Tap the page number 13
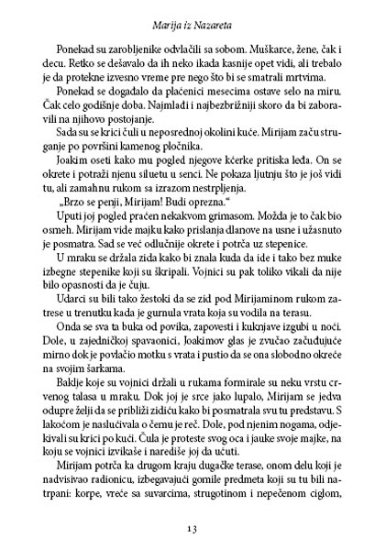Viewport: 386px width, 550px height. [x=193, y=529]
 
